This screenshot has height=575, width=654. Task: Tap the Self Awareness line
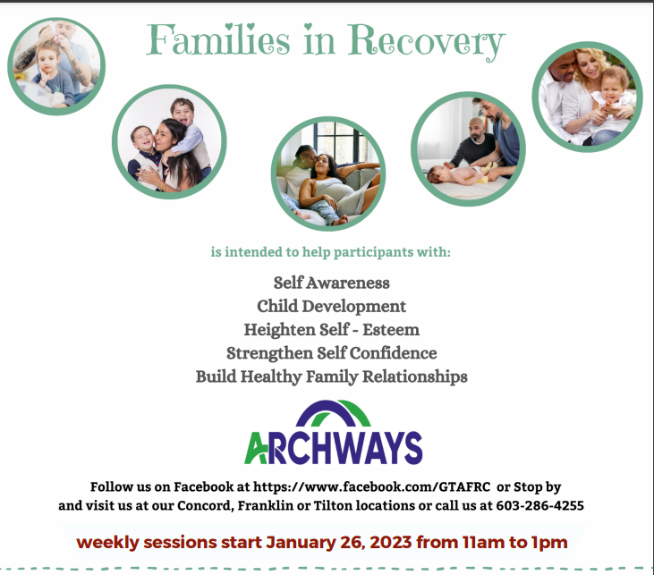(331, 283)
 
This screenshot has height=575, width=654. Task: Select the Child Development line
(331, 306)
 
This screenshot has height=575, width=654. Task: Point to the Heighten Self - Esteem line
(331, 329)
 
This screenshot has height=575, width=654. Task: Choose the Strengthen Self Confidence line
(331, 352)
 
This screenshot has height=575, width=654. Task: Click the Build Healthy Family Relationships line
(331, 376)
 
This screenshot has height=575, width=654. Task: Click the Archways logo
(333, 433)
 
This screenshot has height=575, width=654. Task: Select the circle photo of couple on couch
(327, 173)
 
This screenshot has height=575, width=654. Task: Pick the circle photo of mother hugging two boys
(169, 141)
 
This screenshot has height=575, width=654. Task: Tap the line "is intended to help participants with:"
(331, 252)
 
